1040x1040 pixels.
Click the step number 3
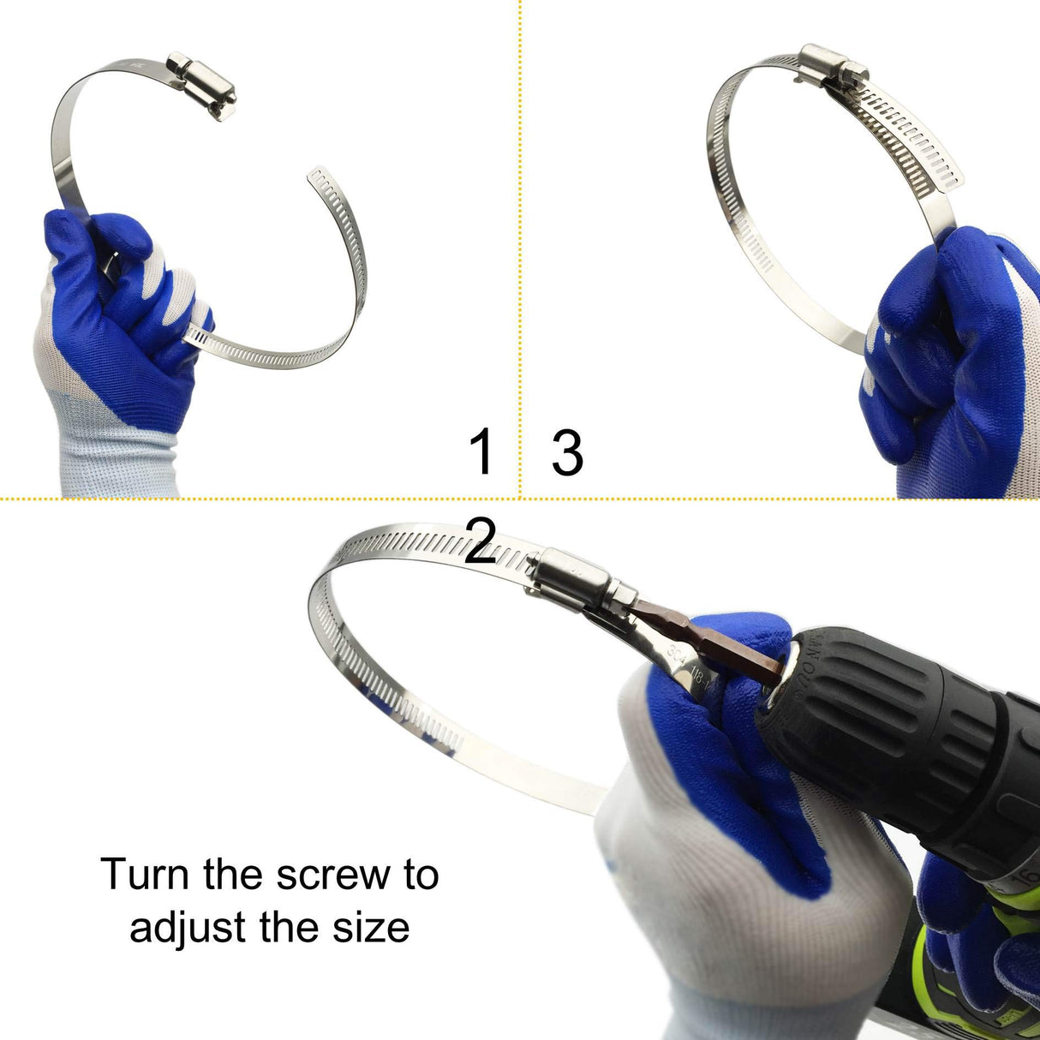(x=567, y=452)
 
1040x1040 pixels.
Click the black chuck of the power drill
(x=865, y=702)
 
